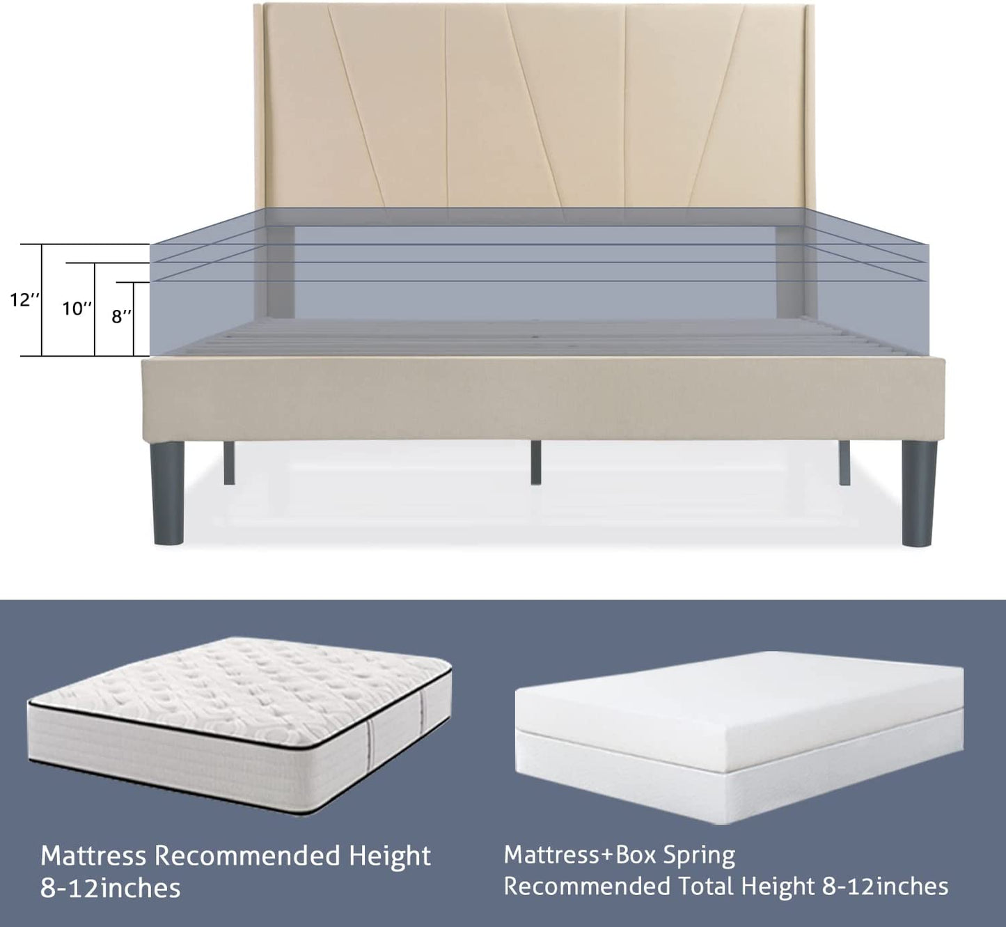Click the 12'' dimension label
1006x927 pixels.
24,299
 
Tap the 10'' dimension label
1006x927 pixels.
77,308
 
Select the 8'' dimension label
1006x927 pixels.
121,316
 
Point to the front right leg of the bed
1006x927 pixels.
919,494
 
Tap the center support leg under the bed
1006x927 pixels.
535,462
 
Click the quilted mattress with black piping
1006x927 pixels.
239,728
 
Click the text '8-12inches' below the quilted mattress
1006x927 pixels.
110,888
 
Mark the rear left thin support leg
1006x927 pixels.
228,462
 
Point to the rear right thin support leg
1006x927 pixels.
844,462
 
